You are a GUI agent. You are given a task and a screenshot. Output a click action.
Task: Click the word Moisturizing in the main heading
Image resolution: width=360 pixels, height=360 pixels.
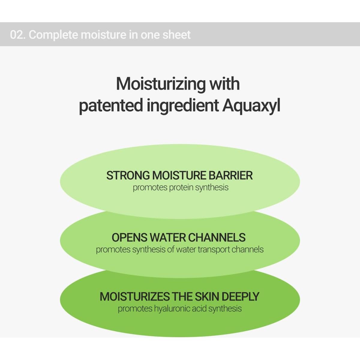pyautogui.click(x=160, y=84)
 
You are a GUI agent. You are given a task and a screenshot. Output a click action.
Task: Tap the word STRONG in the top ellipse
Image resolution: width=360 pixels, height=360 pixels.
pyautogui.click(x=128, y=175)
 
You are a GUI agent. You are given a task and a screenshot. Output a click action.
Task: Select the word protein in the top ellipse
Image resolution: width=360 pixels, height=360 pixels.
pyautogui.click(x=181, y=188)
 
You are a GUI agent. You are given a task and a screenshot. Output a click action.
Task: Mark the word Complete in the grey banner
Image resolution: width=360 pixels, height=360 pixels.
pyautogui.click(x=53, y=35)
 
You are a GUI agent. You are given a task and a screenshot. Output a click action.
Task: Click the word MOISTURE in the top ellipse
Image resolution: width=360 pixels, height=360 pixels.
pyautogui.click(x=179, y=175)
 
